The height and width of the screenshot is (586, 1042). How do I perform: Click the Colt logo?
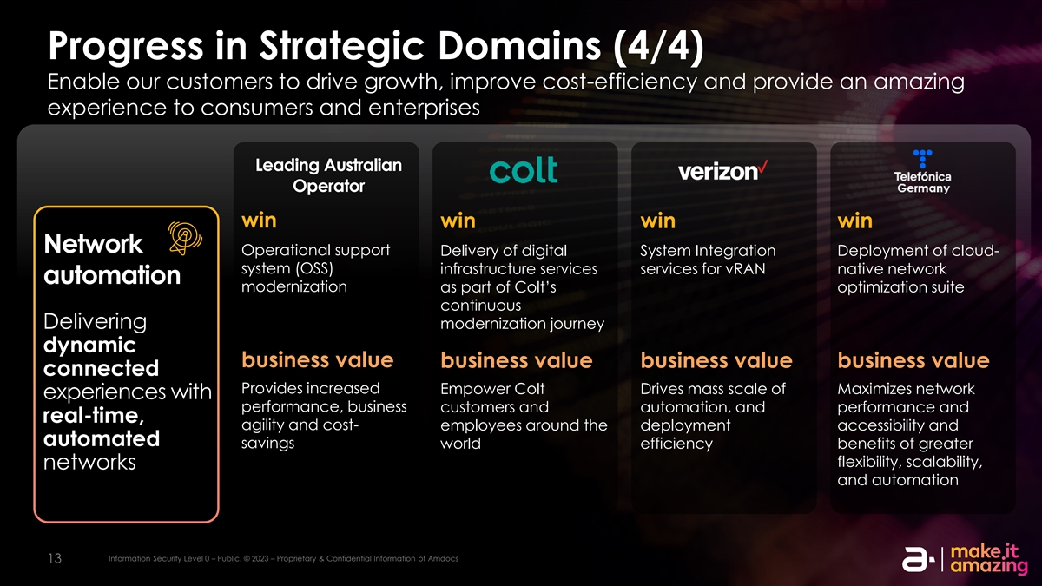[524, 169]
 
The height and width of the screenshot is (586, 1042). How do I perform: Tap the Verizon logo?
[722, 171]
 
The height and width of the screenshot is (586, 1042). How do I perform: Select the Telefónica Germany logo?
[922, 172]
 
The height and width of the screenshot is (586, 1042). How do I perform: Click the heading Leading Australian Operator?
[328, 175]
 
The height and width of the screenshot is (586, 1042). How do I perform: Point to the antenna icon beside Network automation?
[185, 238]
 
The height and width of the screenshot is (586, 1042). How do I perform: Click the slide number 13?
[55, 558]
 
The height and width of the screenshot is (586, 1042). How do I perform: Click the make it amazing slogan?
[988, 559]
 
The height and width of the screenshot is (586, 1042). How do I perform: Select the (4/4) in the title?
[658, 46]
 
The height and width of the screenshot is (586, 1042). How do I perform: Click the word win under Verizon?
[657, 221]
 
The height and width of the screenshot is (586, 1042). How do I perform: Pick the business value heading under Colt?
[517, 360]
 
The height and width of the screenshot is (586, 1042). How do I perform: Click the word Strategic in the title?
[341, 47]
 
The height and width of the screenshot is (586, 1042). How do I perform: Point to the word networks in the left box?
[89, 462]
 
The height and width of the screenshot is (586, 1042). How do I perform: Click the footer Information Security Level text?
[283, 558]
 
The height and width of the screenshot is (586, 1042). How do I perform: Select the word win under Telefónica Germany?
[854, 221]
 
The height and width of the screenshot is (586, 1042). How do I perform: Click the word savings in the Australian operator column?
[267, 444]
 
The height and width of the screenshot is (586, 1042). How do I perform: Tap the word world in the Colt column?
[460, 444]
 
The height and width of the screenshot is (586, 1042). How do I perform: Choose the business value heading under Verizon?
[716, 360]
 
